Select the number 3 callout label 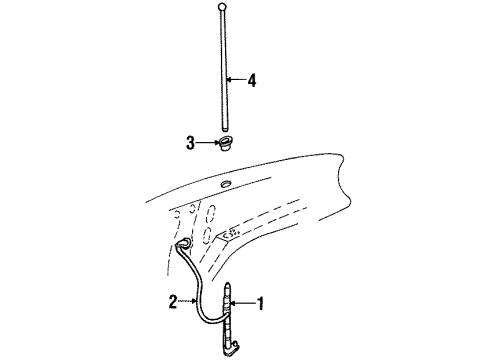188,144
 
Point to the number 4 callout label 251,81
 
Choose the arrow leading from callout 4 236,81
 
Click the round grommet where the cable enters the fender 185,246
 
